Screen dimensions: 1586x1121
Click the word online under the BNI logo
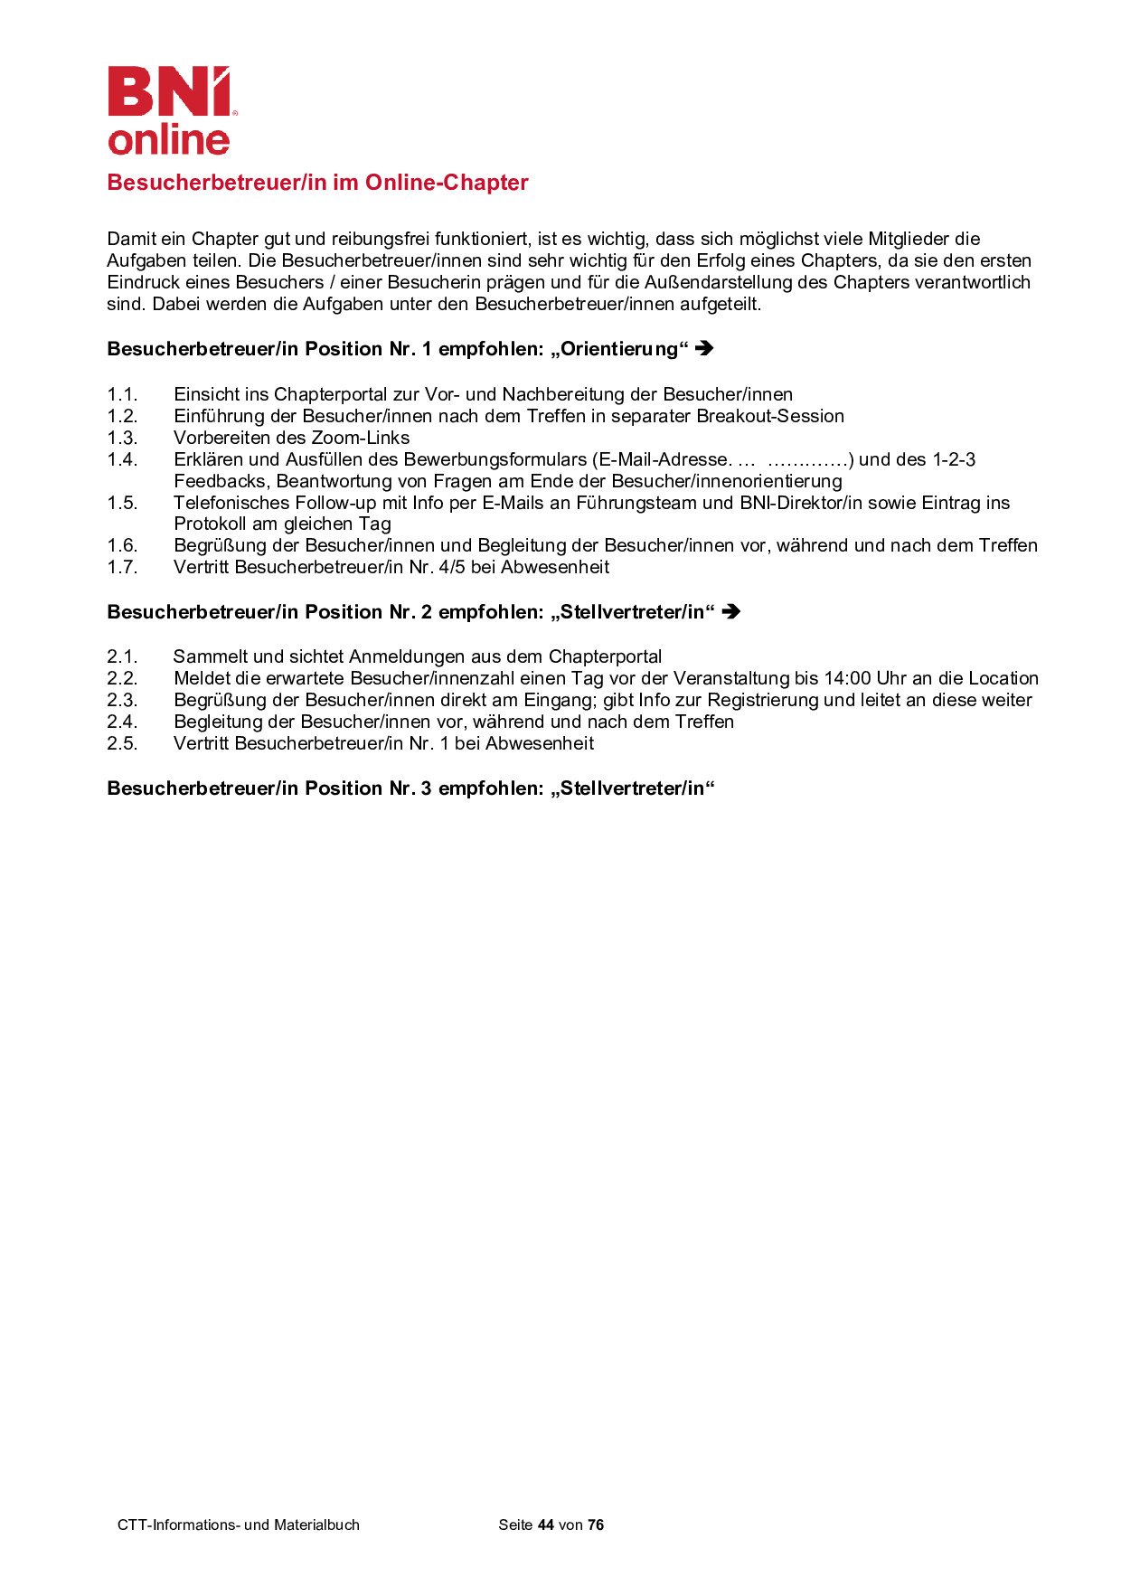pos(169,140)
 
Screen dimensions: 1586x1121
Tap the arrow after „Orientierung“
pos(705,348)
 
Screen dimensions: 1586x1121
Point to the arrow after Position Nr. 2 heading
pos(731,612)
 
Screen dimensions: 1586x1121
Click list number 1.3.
pos(122,438)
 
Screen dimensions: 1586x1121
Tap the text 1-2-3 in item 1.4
pos(954,459)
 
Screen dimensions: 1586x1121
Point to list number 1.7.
pos(122,567)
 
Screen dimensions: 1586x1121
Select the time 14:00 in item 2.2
pos(847,678)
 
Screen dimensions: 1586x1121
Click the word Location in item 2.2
pos(1003,678)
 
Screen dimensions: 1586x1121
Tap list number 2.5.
pos(122,743)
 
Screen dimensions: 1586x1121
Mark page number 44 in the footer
pos(545,1525)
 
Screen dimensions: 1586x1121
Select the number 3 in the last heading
pos(427,788)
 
